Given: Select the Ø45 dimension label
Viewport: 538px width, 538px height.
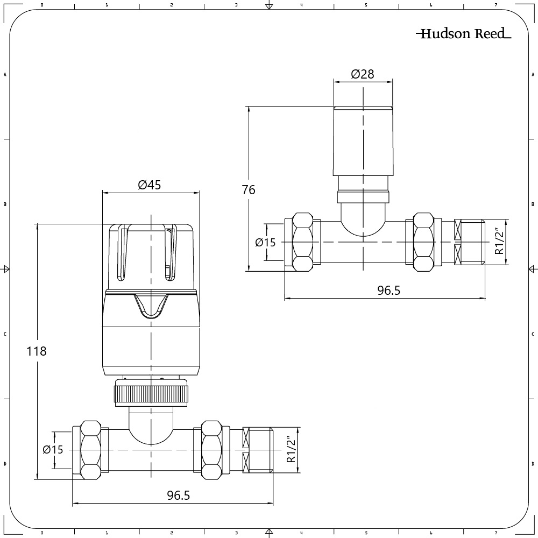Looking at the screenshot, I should click(x=150, y=185).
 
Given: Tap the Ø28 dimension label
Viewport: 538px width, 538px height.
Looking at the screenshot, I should click(x=363, y=74).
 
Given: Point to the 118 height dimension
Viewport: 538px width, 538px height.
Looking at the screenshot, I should click(x=37, y=351).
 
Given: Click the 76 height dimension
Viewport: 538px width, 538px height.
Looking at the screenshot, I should click(x=249, y=190).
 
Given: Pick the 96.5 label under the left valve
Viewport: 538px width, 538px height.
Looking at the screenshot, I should click(x=178, y=495).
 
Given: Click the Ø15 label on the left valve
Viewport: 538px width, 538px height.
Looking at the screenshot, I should click(x=53, y=450).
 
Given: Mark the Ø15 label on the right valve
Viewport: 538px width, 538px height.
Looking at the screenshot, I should click(x=265, y=243).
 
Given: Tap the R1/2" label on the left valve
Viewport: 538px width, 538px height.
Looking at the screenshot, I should click(x=291, y=450).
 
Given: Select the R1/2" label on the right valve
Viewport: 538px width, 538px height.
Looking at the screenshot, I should click(x=499, y=242).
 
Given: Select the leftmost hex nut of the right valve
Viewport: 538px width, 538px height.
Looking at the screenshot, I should click(x=302, y=243).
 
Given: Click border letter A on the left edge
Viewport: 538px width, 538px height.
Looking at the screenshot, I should click(x=5, y=75).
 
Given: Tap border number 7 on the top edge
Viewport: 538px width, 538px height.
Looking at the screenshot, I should click(x=495, y=4).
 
